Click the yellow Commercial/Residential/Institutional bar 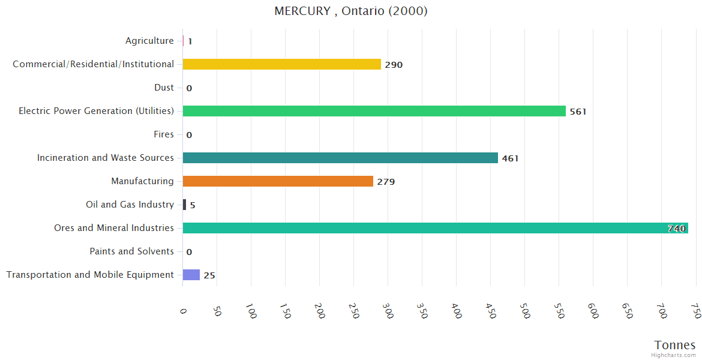[x=281, y=64]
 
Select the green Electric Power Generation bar [x=374, y=111]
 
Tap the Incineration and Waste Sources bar [x=340, y=158]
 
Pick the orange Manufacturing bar [x=278, y=181]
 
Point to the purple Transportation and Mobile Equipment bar [x=191, y=275]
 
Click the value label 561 [x=578, y=112]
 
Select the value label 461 [x=510, y=158]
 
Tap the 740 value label [x=676, y=229]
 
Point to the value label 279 [x=386, y=182]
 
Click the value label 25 [x=209, y=275]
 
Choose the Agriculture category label [x=149, y=41]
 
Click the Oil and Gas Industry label [x=130, y=205]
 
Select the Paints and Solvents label [x=131, y=251]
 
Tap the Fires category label [x=163, y=134]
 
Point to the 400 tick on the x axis [x=455, y=311]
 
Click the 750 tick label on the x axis [x=695, y=311]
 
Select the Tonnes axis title [x=674, y=345]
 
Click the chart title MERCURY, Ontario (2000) [x=351, y=11]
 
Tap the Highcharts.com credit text [x=673, y=355]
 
